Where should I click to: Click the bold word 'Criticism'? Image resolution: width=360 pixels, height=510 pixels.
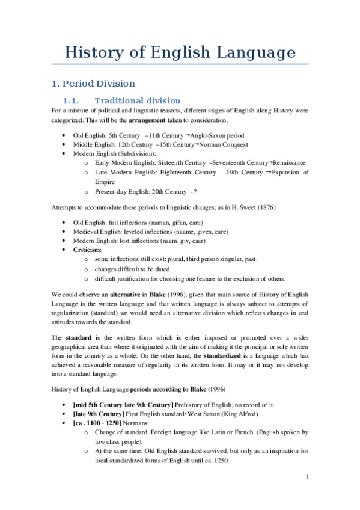coord(87,249)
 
